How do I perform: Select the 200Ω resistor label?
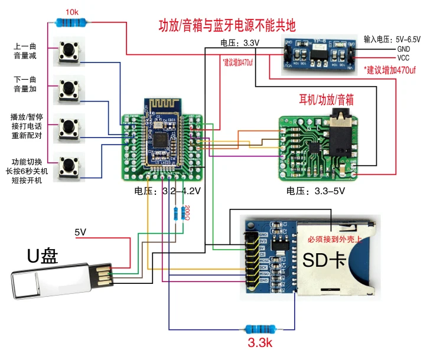tap(187, 212)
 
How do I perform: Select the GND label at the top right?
tap(403, 49)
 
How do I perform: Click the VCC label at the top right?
tap(403, 58)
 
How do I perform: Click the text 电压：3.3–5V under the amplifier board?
tap(314, 191)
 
